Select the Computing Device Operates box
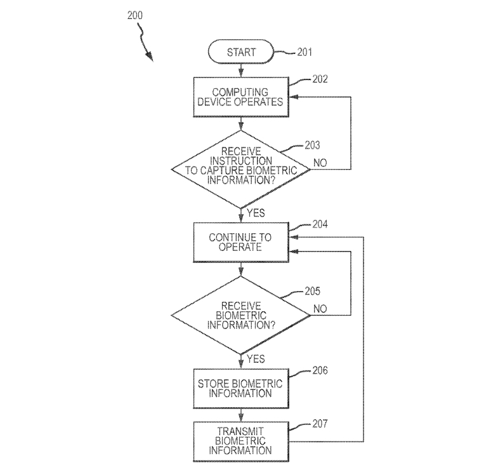(x=241, y=97)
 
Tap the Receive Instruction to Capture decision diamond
(x=241, y=168)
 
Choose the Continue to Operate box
(x=241, y=242)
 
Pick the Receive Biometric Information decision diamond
(x=241, y=315)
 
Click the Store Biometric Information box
(x=241, y=388)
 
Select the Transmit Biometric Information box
(x=241, y=440)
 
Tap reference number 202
(x=320, y=81)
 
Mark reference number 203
(x=312, y=145)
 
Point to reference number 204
(x=320, y=225)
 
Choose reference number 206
(x=320, y=370)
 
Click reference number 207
(x=320, y=423)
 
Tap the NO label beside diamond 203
(x=320, y=163)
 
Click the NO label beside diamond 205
(x=320, y=309)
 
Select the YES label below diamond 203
(x=256, y=213)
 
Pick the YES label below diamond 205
(x=256, y=360)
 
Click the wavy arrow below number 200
(x=147, y=44)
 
